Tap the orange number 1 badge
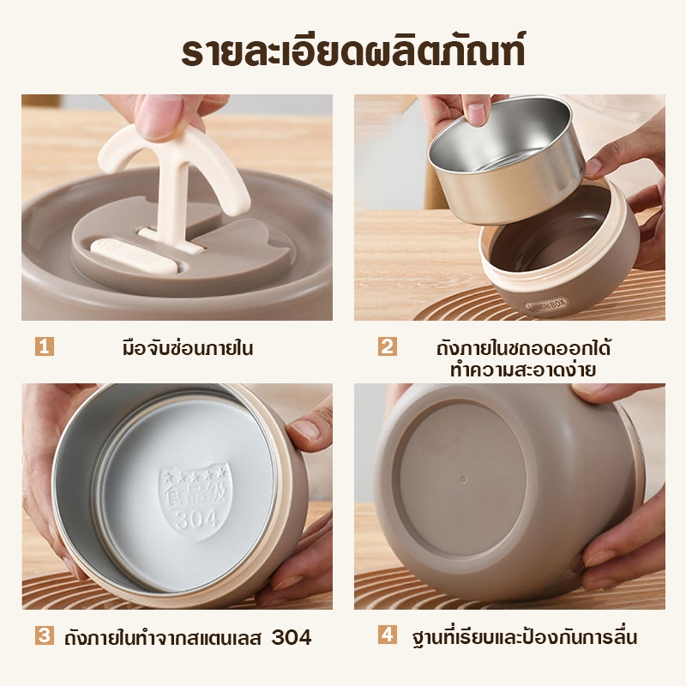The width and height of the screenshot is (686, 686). (x=45, y=346)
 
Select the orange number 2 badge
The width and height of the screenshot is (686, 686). (x=388, y=346)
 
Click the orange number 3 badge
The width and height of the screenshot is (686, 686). (x=45, y=635)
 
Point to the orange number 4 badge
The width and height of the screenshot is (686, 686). (x=388, y=635)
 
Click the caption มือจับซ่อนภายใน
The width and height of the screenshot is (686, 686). (x=188, y=348)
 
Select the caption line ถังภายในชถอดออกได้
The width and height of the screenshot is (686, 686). (x=523, y=348)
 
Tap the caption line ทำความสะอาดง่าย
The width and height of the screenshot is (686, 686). (x=523, y=370)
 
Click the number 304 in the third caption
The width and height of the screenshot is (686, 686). (x=292, y=637)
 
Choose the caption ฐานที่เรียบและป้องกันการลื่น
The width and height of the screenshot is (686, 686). (x=525, y=637)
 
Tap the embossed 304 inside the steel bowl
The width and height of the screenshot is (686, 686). (x=197, y=520)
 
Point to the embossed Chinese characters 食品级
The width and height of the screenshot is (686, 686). (x=196, y=495)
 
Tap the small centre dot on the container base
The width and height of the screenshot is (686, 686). (x=463, y=480)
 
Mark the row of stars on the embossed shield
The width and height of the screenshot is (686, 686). (x=194, y=474)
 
